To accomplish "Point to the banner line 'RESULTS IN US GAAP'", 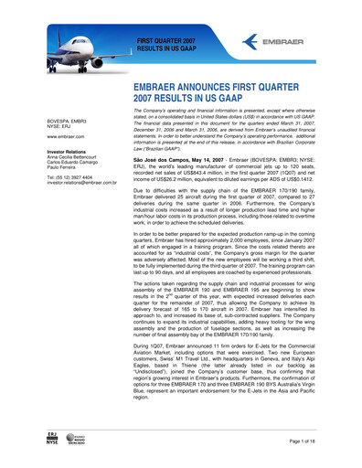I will tap(168, 49).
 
